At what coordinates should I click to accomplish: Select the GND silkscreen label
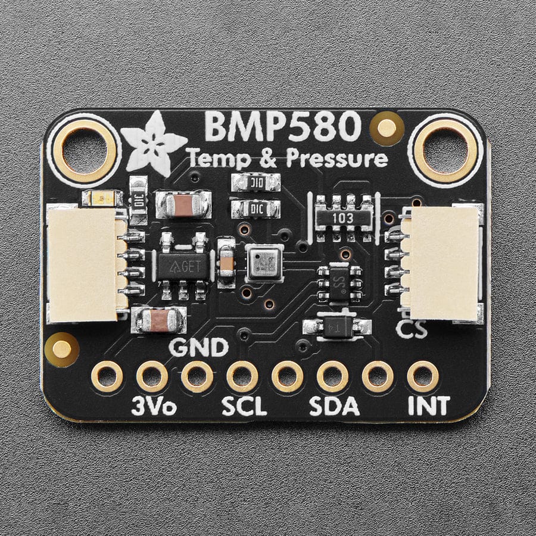(198, 346)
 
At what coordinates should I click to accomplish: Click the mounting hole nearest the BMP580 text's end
(445, 150)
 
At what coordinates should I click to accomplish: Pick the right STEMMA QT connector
(445, 263)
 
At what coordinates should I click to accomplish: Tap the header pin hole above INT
(423, 376)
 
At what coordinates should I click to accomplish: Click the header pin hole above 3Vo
(152, 376)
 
